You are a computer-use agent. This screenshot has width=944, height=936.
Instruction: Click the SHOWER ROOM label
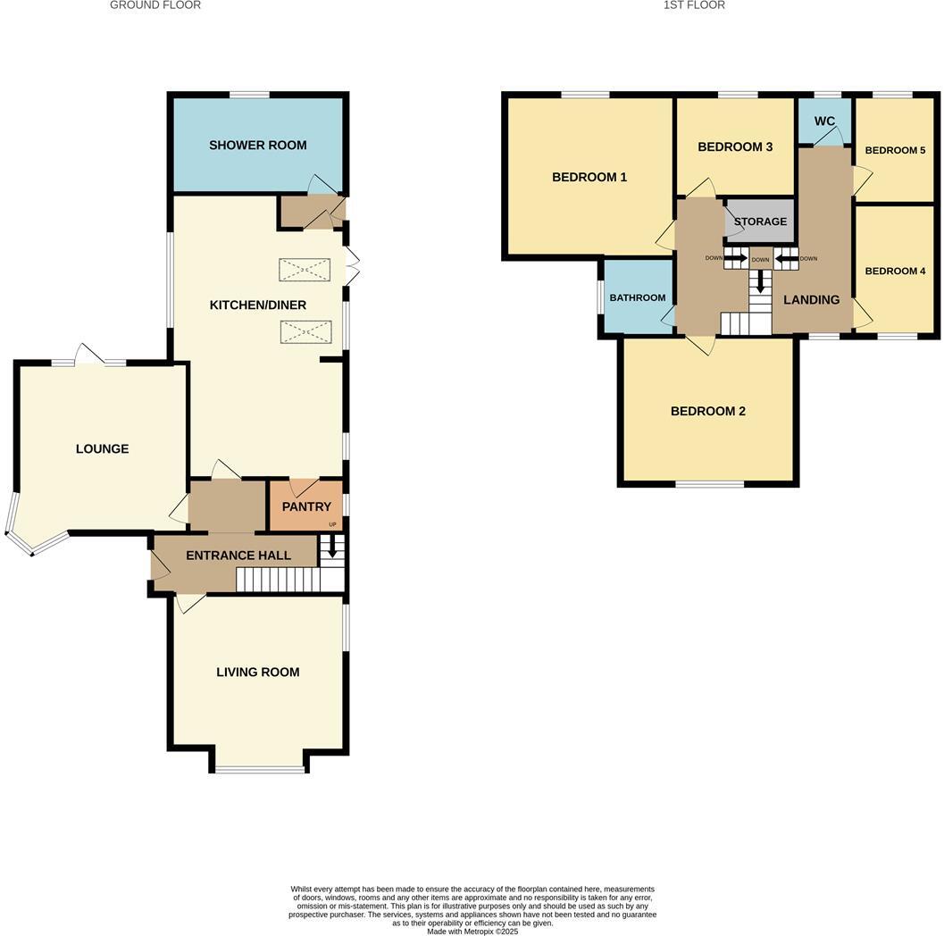click(x=257, y=145)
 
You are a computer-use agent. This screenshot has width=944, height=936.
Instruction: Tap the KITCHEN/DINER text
click(x=257, y=305)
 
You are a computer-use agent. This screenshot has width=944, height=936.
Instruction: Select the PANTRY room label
click(x=306, y=506)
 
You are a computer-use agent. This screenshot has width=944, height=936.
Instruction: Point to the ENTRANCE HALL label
click(x=238, y=556)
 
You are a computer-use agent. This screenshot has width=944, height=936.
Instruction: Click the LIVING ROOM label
click(x=257, y=672)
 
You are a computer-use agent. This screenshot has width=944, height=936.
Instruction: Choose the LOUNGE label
click(x=102, y=448)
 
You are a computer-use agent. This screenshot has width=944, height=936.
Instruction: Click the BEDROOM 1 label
click(x=589, y=177)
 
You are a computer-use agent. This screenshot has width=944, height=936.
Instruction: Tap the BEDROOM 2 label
click(x=707, y=411)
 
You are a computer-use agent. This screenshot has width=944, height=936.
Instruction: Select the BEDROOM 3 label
click(x=734, y=146)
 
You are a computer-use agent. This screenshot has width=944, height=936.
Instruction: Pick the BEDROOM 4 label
click(x=895, y=271)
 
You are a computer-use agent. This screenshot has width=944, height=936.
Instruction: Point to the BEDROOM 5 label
click(x=895, y=150)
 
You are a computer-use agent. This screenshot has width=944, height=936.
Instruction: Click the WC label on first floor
click(x=823, y=121)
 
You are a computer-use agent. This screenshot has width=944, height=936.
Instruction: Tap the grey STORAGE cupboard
click(x=760, y=221)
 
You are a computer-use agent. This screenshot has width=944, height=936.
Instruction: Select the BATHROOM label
click(x=637, y=297)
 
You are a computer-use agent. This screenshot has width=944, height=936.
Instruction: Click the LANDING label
click(x=811, y=300)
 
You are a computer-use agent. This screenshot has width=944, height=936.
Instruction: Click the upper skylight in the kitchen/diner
click(x=305, y=270)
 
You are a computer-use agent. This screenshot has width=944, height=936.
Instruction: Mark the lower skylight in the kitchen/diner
click(x=305, y=332)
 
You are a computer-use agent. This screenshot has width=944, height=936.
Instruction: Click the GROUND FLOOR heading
click(x=155, y=5)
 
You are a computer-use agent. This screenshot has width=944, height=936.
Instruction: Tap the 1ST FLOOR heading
click(x=693, y=5)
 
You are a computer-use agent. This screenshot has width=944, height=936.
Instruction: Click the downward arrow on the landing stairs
click(x=760, y=283)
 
